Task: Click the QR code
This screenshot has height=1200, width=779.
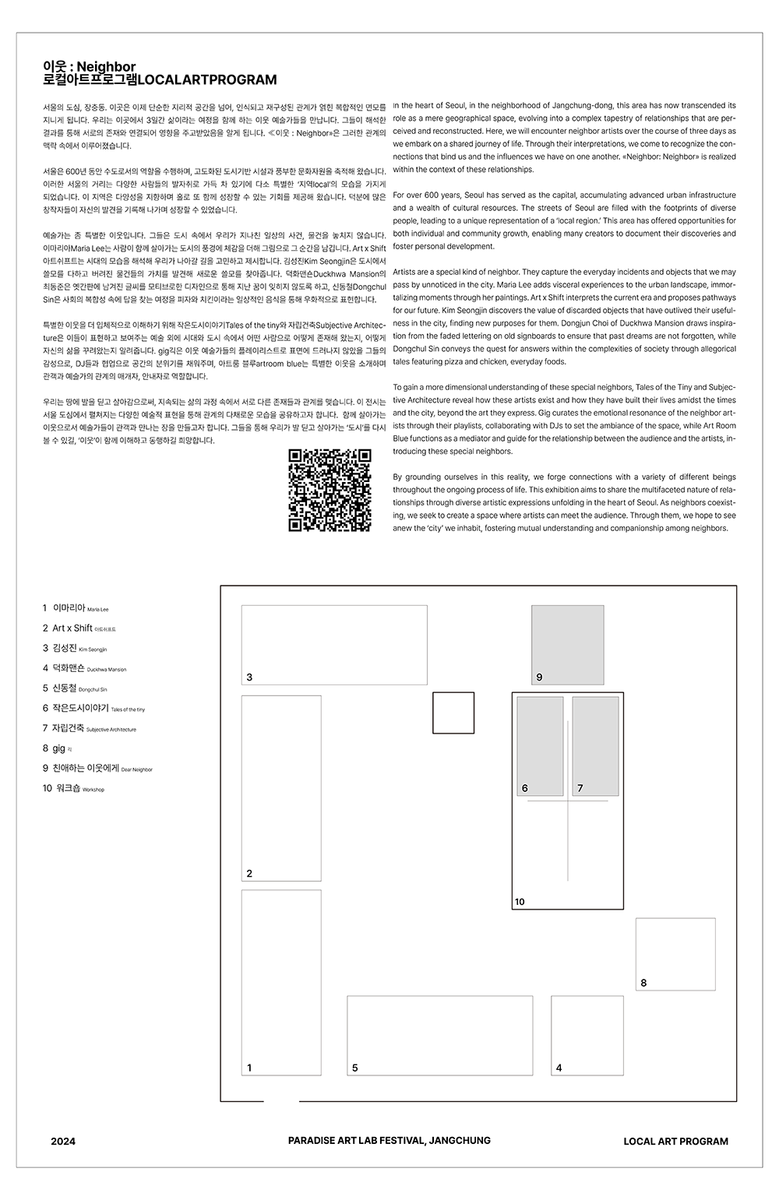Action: pyautogui.click(x=330, y=491)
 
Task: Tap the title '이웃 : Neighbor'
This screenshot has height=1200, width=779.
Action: pyautogui.click(x=90, y=67)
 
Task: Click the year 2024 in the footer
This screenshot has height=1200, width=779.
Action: pyautogui.click(x=63, y=1142)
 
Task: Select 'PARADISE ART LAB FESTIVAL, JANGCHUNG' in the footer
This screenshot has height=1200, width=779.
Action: pyautogui.click(x=389, y=1140)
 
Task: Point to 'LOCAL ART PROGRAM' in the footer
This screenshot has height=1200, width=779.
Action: pyautogui.click(x=675, y=1142)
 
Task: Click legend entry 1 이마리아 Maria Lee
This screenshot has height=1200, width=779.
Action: pyautogui.click(x=76, y=607)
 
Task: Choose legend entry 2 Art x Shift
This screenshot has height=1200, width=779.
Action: pyautogui.click(x=79, y=628)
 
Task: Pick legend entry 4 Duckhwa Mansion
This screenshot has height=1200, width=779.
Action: pyautogui.click(x=84, y=668)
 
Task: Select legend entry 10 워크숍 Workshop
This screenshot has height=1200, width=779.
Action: pyautogui.click(x=73, y=789)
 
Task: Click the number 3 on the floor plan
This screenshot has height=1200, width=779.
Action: pyautogui.click(x=249, y=677)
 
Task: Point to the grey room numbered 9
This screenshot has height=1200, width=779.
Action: pyautogui.click(x=567, y=645)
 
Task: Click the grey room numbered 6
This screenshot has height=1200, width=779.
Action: pyautogui.click(x=540, y=746)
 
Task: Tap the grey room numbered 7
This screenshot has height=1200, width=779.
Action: pyautogui.click(x=595, y=746)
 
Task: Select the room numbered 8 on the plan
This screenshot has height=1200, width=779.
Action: pyautogui.click(x=675, y=954)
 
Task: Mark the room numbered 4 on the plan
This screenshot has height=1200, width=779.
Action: pyautogui.click(x=587, y=1035)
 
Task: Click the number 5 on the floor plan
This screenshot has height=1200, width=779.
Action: pyautogui.click(x=354, y=1068)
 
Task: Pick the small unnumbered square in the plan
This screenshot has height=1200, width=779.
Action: pyautogui.click(x=453, y=713)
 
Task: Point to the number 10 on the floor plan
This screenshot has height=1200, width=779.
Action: pyautogui.click(x=520, y=902)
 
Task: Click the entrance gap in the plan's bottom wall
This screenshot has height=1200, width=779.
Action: pyautogui.click(x=281, y=1101)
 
